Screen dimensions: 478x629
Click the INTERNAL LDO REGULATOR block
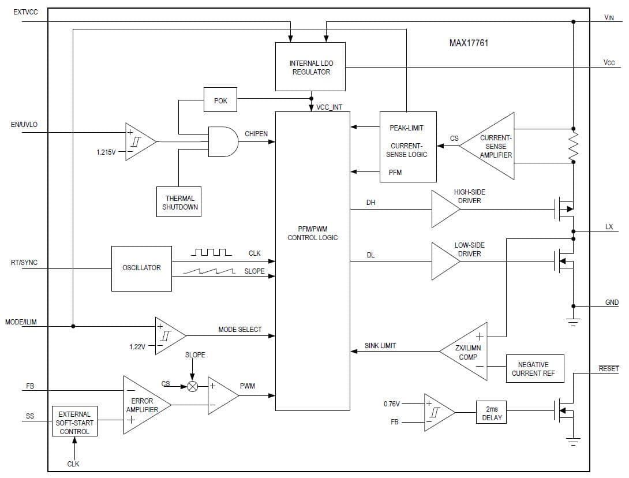310,67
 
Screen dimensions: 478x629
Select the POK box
220,100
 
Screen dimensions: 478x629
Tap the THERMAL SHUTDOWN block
179,202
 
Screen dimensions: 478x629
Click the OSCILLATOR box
141,268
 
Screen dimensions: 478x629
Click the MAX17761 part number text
469,43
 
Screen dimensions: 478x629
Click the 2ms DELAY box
492,413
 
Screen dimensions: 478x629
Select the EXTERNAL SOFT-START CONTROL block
74,423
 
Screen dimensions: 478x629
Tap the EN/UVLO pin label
24,125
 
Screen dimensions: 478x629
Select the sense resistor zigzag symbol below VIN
573,145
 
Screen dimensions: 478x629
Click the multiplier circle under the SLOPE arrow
193,386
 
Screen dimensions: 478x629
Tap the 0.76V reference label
392,404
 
